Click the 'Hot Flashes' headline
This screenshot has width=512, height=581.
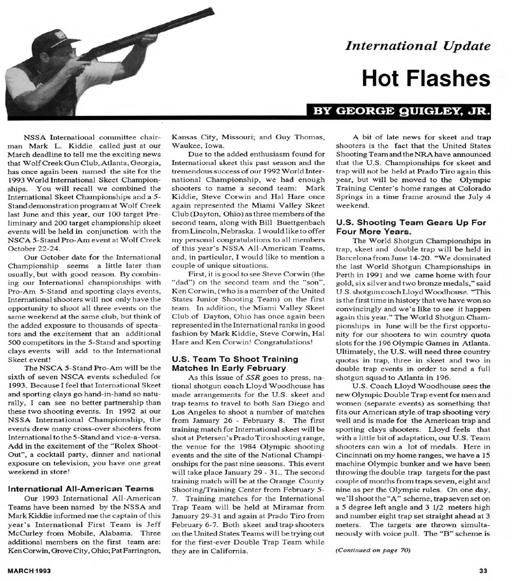tap(426, 79)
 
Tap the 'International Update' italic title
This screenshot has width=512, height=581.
tap(418, 46)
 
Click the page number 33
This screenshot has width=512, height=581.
tap(483, 571)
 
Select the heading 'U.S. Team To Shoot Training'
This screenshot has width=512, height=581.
tap(234, 359)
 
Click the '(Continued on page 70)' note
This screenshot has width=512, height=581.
tap(373, 550)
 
